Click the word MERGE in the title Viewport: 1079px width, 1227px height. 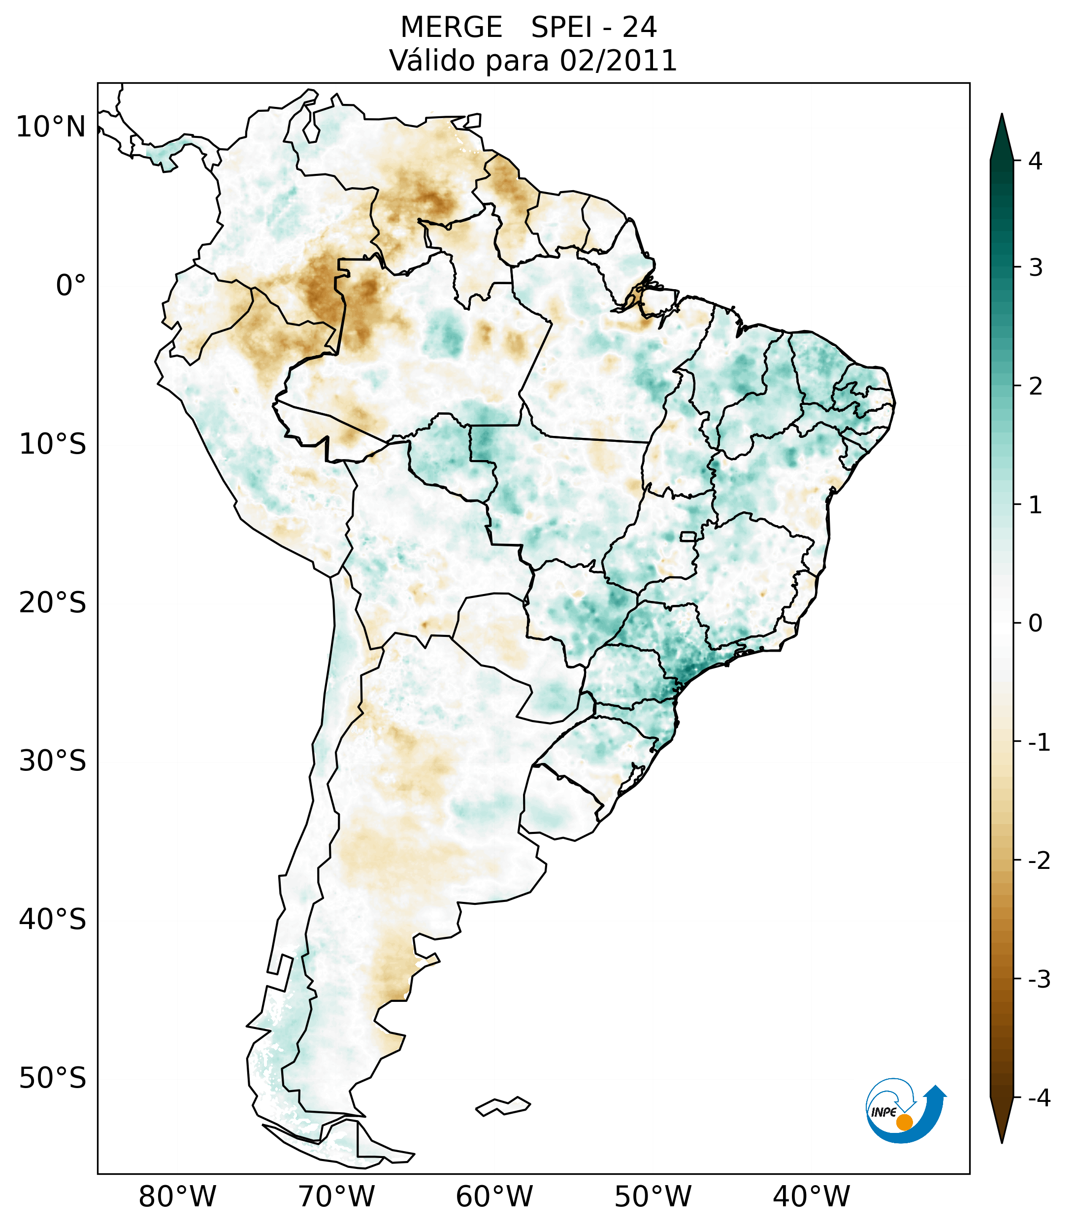pos(451,28)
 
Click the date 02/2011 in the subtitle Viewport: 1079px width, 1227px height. pos(618,61)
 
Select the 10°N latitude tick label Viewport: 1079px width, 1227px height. pos(51,127)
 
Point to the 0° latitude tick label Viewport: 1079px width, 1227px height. pos(71,286)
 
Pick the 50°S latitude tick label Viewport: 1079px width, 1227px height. pos(53,1078)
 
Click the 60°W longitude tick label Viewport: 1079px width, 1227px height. pos(494,1196)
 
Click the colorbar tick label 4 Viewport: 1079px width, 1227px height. pos(1035,161)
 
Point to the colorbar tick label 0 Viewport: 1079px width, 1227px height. pos(1035,624)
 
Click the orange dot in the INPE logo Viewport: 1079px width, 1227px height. pos(904,1122)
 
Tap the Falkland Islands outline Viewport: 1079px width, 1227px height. pos(503,1106)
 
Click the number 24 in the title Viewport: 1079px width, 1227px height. pos(639,28)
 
